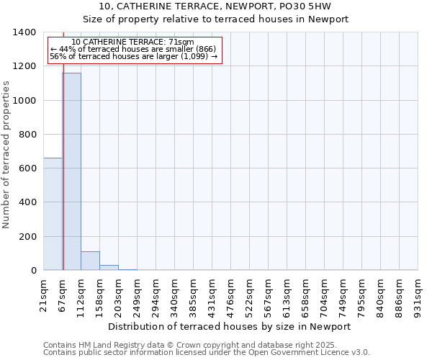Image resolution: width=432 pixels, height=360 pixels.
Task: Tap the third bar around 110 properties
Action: [90, 261]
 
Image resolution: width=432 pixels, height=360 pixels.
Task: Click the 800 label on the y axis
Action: [29, 135]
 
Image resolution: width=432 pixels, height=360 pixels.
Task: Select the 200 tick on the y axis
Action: [29, 237]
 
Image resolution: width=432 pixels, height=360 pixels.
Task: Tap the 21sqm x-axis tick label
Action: [43, 294]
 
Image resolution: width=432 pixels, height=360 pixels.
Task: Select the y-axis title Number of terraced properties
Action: [6, 155]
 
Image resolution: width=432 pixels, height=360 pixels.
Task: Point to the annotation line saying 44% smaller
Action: [133, 49]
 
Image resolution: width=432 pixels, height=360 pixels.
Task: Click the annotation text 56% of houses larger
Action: [133, 56]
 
